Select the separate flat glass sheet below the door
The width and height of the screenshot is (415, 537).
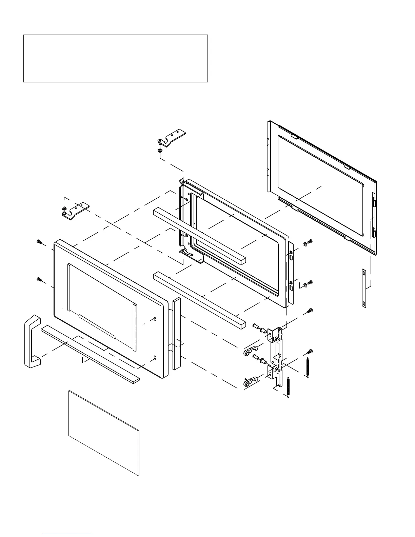[104, 433]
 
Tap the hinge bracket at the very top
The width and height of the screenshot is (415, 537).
[173, 137]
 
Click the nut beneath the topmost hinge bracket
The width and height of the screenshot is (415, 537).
[160, 150]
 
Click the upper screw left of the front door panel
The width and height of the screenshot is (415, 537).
[39, 242]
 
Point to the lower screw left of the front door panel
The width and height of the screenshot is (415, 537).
[39, 279]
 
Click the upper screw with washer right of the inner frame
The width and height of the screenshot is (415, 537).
[309, 242]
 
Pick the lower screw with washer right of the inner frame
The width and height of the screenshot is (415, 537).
[309, 283]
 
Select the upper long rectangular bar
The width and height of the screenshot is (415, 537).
[199, 236]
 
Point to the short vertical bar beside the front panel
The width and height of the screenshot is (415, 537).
[176, 334]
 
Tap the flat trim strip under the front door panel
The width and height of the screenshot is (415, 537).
[90, 353]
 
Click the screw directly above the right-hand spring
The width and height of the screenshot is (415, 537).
[310, 351]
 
